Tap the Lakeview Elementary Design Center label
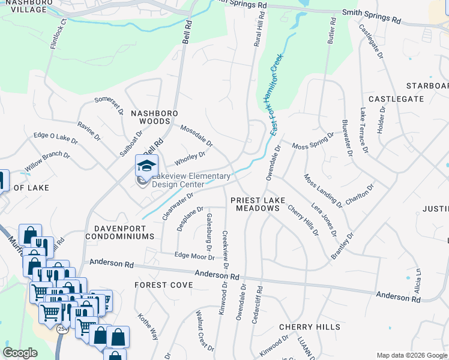191,181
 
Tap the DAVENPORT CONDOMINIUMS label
124,232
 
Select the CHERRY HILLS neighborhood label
310,327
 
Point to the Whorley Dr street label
190,158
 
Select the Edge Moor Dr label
194,256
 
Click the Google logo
20,353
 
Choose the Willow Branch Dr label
47,162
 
